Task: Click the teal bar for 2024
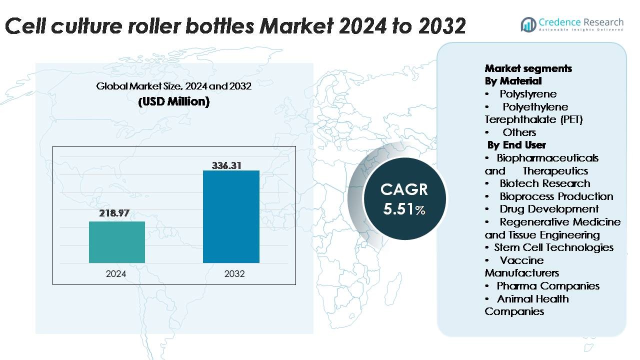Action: coord(117,242)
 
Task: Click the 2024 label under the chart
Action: coord(116,274)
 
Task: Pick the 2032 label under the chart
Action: coord(234,274)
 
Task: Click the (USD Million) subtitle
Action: coord(173,101)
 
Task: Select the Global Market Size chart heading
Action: coord(173,86)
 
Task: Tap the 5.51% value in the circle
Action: coord(404,208)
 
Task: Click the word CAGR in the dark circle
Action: coord(404,189)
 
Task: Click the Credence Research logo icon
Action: coord(528,24)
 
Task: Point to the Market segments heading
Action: coord(528,68)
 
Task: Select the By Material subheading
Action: coord(513,81)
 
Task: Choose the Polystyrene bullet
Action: coord(527,94)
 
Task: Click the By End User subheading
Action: coord(517,145)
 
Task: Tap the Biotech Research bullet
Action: coord(544,183)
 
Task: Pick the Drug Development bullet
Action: coord(548,209)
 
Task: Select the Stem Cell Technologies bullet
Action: coord(553,247)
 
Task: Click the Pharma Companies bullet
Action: coord(547,286)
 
